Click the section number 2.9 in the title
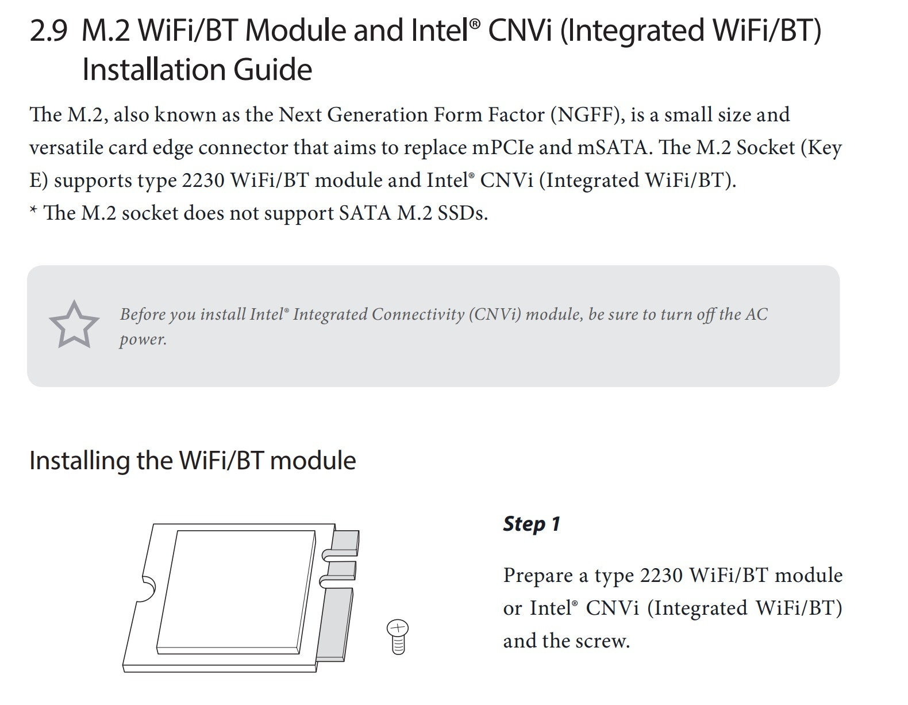[48, 31]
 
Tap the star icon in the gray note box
[74, 324]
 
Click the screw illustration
[398, 637]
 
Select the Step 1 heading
[532, 524]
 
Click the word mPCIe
[503, 148]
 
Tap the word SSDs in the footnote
[463, 213]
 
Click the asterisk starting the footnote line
[33, 209]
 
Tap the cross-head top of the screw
[398, 627]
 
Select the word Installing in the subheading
[79, 461]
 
